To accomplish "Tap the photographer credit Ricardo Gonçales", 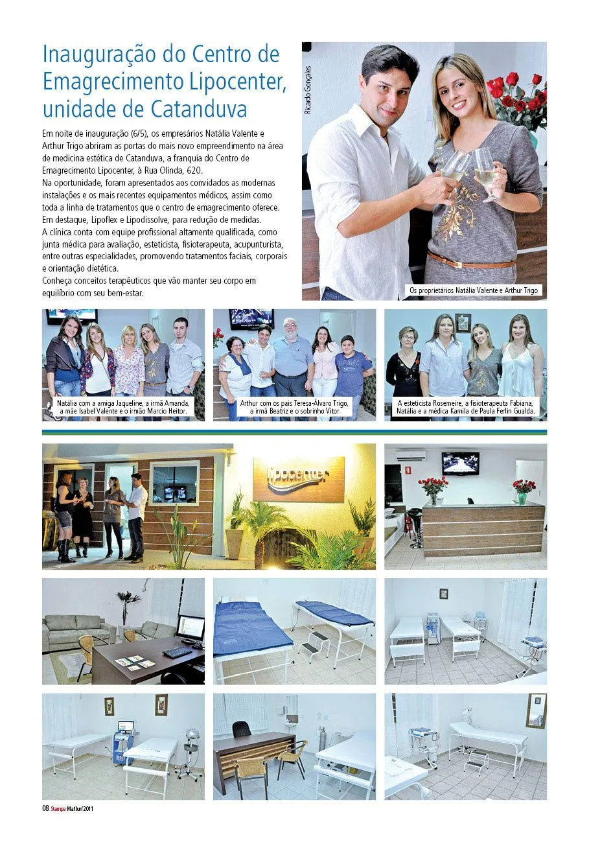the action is pyautogui.click(x=308, y=90).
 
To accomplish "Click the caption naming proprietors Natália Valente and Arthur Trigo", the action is pyautogui.click(x=473, y=290).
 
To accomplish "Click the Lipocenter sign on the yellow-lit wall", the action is pyautogui.click(x=299, y=474).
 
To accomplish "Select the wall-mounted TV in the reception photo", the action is pyautogui.click(x=460, y=463).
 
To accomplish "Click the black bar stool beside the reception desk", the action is pyautogui.click(x=415, y=526).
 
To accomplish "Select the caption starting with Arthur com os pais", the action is pyautogui.click(x=294, y=406).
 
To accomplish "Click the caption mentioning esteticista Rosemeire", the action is pyautogui.click(x=466, y=406).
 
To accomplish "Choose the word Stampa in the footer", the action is pyautogui.click(x=58, y=808).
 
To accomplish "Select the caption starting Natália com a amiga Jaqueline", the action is pyautogui.click(x=123, y=406).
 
